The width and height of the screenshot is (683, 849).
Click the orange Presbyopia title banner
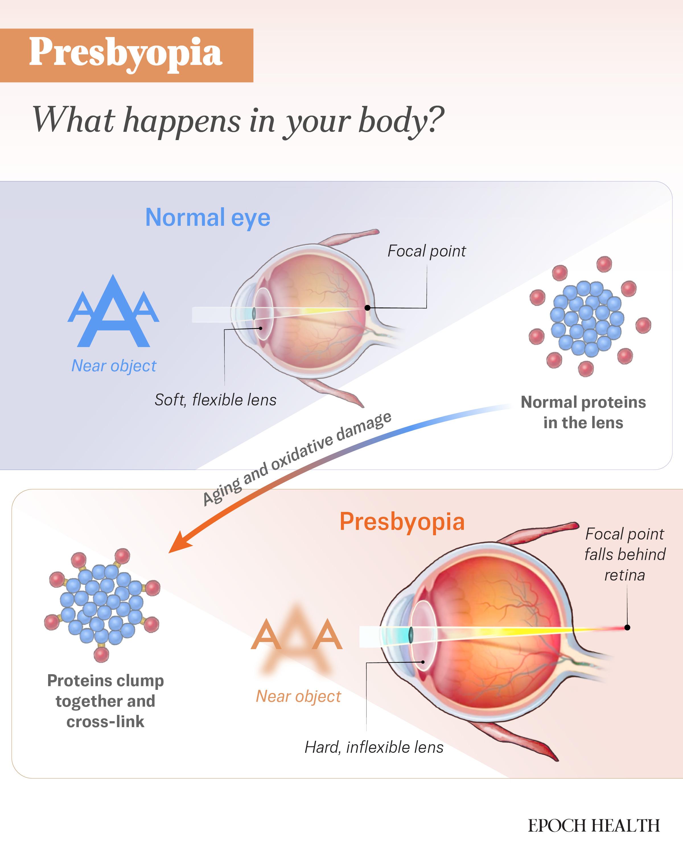click(126, 55)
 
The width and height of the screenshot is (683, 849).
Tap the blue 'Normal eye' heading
click(208, 217)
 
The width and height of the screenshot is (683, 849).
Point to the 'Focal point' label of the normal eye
click(427, 251)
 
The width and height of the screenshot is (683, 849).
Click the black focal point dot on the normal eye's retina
click(367, 307)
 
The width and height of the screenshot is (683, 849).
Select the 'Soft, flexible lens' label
click(216, 400)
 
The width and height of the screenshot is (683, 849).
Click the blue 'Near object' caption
click(114, 366)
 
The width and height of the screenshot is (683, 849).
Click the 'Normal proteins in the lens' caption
click(583, 412)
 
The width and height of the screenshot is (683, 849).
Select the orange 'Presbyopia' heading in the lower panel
click(402, 522)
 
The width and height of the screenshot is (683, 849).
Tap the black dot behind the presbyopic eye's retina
click(627, 627)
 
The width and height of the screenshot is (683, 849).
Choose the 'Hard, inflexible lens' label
click(374, 747)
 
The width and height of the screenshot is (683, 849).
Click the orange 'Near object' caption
click(299, 696)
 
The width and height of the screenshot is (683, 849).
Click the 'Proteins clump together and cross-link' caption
click(106, 701)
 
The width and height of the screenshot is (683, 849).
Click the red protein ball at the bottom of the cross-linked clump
click(101, 655)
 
